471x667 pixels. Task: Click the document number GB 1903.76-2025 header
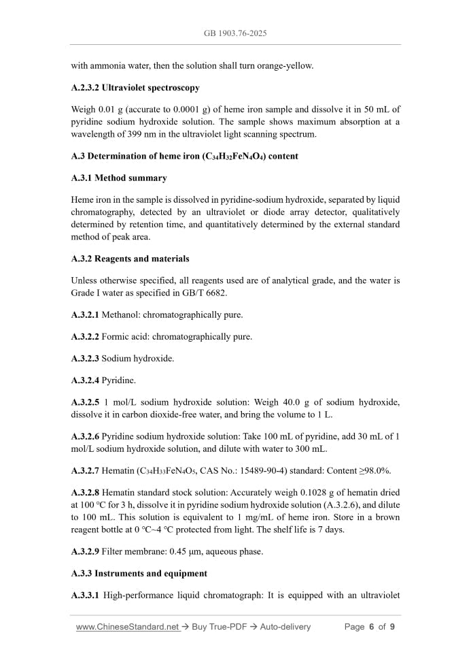pos(235,33)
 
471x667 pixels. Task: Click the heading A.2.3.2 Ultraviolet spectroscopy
pos(135,88)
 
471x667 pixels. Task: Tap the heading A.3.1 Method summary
pos(119,178)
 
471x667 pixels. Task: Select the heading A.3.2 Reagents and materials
pos(130,259)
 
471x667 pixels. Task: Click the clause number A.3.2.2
pos(85,336)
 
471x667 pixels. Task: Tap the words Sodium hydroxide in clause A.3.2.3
pos(138,358)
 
